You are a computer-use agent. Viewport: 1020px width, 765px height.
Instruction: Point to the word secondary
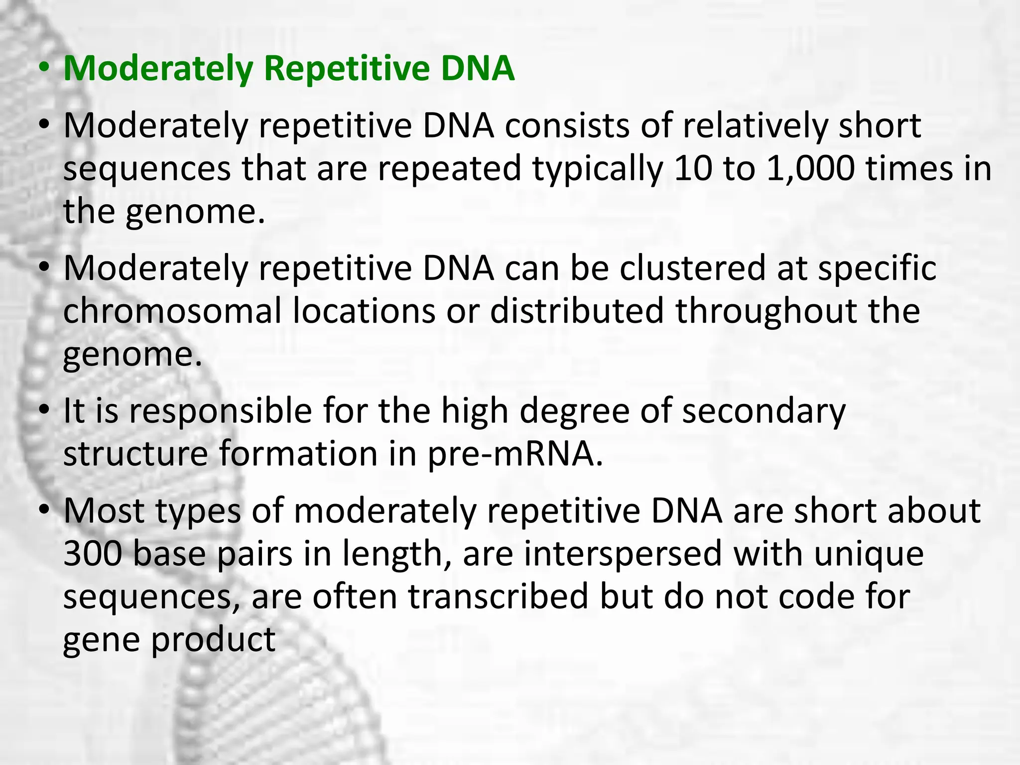pos(764,412)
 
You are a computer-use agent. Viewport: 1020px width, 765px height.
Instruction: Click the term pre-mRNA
pos(515,454)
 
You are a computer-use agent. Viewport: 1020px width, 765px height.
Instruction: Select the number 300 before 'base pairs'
pos(93,554)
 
